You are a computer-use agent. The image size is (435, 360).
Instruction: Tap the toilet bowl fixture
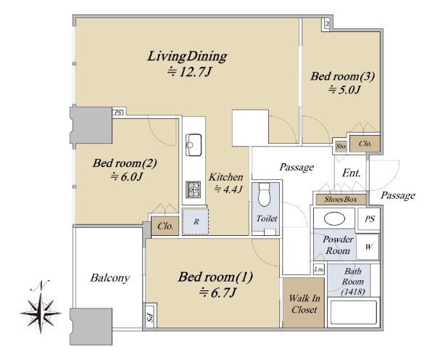pos(265,195)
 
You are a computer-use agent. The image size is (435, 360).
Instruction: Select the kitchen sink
pos(194,145)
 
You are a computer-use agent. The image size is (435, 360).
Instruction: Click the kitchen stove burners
pos(194,189)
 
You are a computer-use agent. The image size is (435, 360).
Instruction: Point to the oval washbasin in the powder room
pos(334,218)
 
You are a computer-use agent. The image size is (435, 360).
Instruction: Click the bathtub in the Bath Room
pos(353,311)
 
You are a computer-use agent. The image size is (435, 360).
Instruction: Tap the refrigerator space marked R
pos(196,222)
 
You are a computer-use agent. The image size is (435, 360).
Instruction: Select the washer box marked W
pos(368,247)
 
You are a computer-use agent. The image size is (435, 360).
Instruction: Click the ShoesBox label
pos(341,199)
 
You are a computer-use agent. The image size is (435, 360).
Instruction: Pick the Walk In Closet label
pos(304,303)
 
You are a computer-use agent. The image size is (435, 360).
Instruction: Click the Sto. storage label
pos(341,146)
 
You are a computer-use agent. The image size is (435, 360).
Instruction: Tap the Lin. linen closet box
pos(319,269)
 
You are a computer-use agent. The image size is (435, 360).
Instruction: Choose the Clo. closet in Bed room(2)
pos(165,226)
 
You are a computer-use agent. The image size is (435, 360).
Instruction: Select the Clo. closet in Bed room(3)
pos(365,144)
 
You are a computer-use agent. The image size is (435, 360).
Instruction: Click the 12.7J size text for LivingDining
pos(189,73)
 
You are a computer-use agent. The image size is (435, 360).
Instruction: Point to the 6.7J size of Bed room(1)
pos(217,292)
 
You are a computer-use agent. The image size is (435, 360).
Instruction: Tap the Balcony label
pos(110,278)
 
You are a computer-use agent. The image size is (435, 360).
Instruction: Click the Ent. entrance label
pos(351,173)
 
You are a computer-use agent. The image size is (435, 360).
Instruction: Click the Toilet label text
pos(267,218)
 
